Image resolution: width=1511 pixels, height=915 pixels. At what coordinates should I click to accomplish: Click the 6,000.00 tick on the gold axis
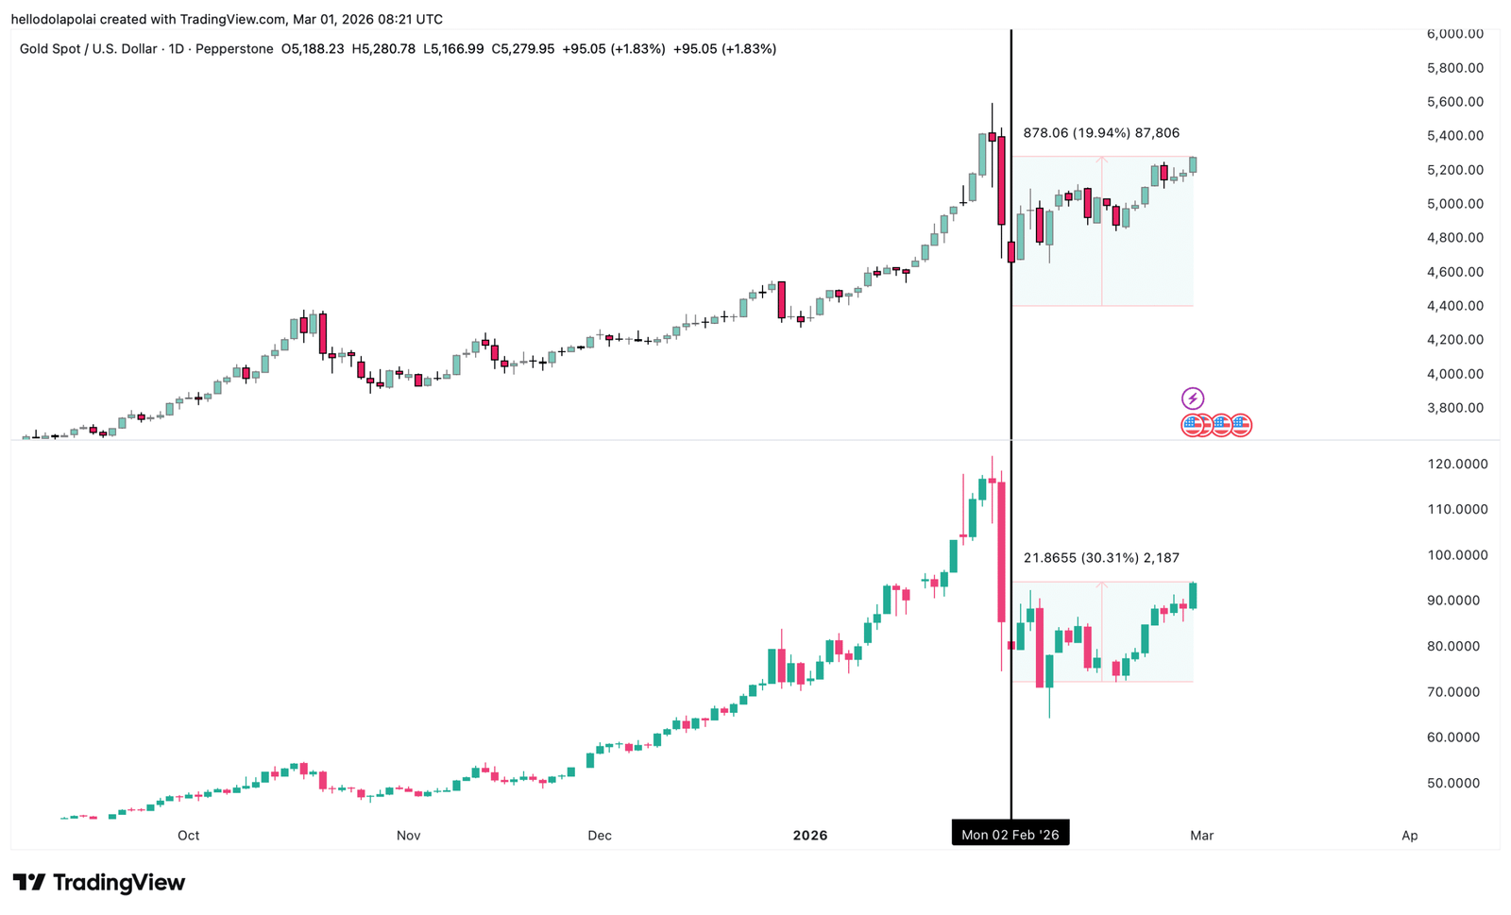[x=1454, y=34]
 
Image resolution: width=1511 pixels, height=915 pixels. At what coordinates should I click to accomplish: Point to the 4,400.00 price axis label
[x=1454, y=306]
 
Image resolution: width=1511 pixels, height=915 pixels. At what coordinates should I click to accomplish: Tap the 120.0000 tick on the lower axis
[x=1457, y=464]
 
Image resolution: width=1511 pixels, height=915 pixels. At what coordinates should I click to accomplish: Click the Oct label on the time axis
[x=188, y=836]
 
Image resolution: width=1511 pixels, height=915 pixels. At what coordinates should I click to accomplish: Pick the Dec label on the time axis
[x=599, y=836]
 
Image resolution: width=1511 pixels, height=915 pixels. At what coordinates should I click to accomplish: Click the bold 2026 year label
[x=809, y=836]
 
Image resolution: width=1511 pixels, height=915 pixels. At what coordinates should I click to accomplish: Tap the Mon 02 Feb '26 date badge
[x=1010, y=835]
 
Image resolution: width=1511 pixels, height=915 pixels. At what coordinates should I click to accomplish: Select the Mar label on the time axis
[x=1201, y=836]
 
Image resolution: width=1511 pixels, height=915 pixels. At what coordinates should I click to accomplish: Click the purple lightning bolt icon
[x=1193, y=398]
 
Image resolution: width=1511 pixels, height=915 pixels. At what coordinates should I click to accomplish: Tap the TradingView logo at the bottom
[x=99, y=883]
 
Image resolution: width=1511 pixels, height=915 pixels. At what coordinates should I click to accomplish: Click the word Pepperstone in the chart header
[x=234, y=49]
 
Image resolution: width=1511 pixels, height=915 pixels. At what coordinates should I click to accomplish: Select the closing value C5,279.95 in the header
[x=522, y=49]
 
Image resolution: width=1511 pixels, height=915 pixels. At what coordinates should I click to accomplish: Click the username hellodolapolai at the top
[x=54, y=19]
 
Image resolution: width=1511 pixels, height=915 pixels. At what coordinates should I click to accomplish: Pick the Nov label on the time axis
[x=408, y=836]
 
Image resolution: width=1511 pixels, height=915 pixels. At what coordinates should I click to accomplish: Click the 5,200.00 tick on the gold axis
[x=1454, y=170]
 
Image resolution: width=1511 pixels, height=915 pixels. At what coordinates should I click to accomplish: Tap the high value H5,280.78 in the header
[x=383, y=49]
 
